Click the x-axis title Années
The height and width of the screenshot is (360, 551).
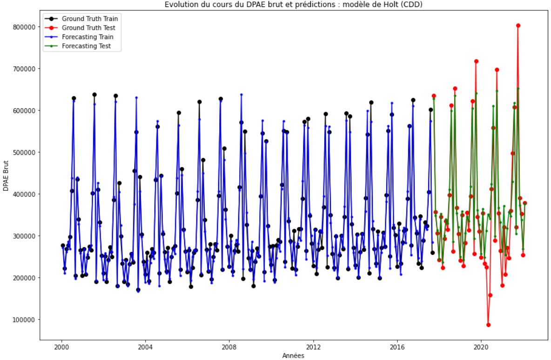point(294,356)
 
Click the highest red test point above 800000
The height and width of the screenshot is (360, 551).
point(518,26)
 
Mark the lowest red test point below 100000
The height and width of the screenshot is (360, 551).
point(488,325)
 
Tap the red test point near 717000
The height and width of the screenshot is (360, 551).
point(476,61)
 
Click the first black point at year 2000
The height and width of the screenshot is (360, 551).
point(63,246)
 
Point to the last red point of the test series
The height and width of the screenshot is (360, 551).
point(524,203)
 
